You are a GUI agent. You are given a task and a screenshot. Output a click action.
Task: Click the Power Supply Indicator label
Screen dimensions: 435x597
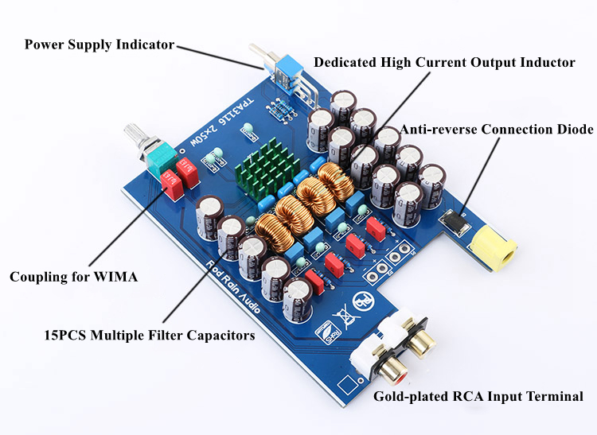point(99,45)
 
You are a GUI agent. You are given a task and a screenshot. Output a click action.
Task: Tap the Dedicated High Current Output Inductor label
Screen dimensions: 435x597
point(444,62)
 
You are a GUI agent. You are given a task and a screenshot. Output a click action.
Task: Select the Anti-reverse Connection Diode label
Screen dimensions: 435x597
point(497,129)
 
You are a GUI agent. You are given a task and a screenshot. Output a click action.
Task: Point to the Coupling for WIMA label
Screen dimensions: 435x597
point(73,277)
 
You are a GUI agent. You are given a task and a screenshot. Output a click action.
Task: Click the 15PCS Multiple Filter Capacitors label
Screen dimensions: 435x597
point(150,335)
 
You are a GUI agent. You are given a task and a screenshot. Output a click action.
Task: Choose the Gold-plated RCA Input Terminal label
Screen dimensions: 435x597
point(478,396)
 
